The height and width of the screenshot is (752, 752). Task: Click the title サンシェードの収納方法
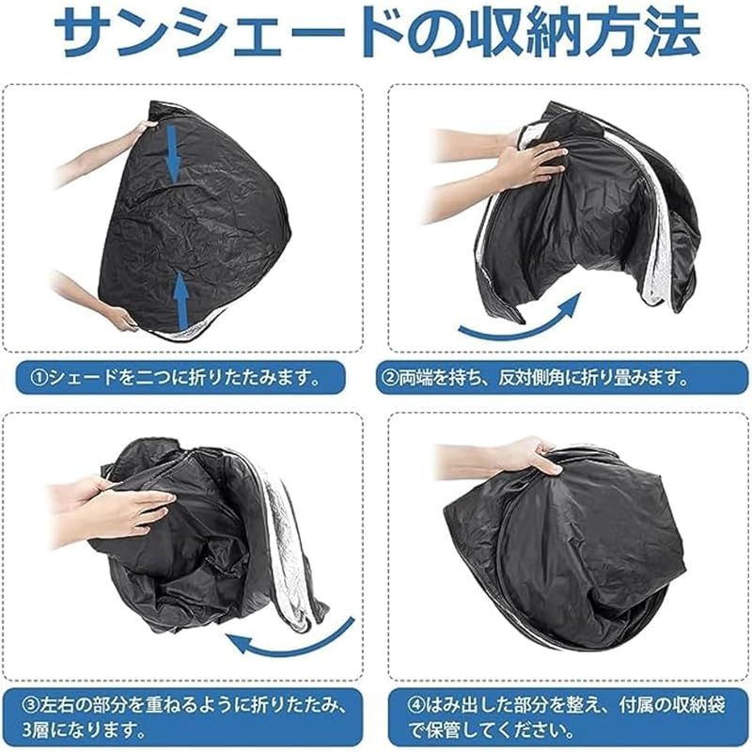(x=376, y=36)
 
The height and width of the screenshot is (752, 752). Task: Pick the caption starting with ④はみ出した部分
(x=555, y=715)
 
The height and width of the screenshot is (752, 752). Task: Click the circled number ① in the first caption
(x=39, y=379)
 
